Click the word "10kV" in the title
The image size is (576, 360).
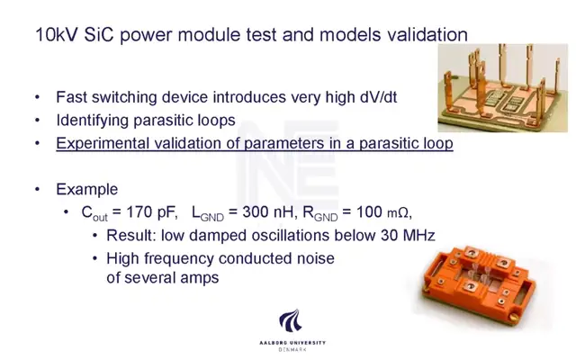click(x=57, y=35)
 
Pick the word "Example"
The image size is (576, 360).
click(x=87, y=190)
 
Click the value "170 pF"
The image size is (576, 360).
click(x=152, y=212)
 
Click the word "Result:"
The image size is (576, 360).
click(x=131, y=236)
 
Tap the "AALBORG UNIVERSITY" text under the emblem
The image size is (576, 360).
click(x=292, y=343)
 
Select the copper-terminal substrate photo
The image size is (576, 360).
click(x=502, y=88)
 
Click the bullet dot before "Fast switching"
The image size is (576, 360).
click(x=37, y=98)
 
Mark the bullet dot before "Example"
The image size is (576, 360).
click(x=37, y=190)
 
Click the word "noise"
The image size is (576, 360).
click(x=315, y=258)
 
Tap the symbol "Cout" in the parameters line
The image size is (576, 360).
click(x=94, y=213)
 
